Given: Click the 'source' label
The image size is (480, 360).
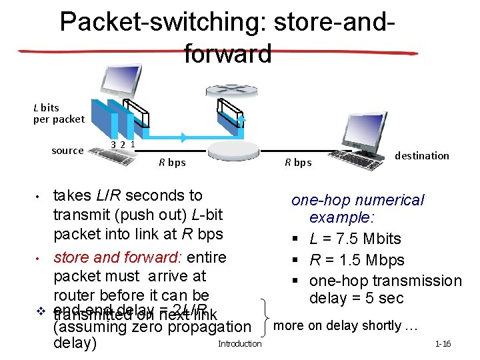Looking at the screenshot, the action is (67, 151).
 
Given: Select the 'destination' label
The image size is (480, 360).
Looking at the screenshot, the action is (422, 155).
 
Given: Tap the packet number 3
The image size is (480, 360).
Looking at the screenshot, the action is (114, 144).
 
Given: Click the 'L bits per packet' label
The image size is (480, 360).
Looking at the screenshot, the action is (59, 113).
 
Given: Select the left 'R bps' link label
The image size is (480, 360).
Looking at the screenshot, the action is (172, 162).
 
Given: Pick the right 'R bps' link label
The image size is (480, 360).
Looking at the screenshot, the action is (298, 162).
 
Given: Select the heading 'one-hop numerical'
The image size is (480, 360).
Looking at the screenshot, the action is (357, 200).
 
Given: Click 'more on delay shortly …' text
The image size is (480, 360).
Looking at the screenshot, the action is (346, 325).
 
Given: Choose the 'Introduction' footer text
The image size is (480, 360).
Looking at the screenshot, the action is (240, 343).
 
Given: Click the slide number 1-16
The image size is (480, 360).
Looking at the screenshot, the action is (443, 344).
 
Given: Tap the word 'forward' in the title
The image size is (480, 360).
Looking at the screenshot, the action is (228, 53).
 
